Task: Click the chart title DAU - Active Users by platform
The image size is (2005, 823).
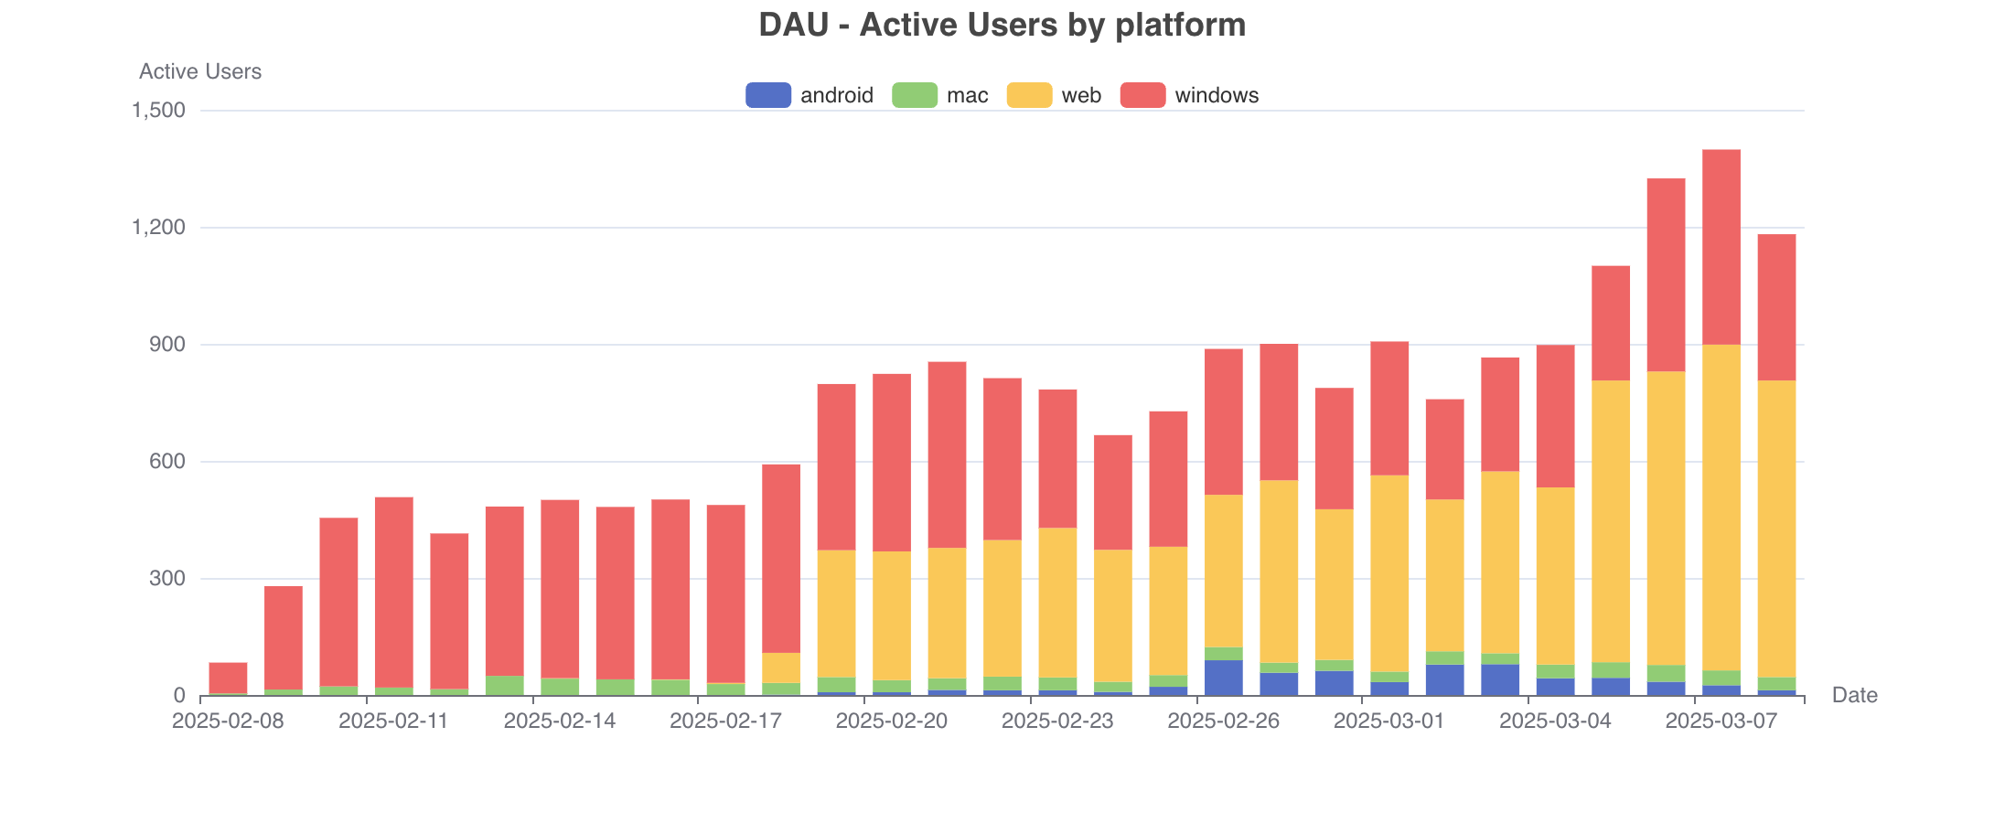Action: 1002,25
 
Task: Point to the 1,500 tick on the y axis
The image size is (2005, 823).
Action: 159,111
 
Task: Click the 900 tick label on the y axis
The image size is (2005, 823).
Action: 167,345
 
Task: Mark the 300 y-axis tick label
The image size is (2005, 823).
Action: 167,579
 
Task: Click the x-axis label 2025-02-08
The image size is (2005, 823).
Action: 228,721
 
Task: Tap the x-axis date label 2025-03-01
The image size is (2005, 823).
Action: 1388,721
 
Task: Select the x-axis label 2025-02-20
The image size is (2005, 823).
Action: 891,721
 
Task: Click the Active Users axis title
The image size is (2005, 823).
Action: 199,71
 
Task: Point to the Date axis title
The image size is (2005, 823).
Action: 1854,695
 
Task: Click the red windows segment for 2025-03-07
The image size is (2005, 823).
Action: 1721,247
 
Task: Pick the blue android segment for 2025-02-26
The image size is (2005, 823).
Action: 1224,678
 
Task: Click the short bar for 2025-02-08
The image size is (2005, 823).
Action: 228,678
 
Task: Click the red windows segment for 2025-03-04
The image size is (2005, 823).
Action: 1555,416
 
